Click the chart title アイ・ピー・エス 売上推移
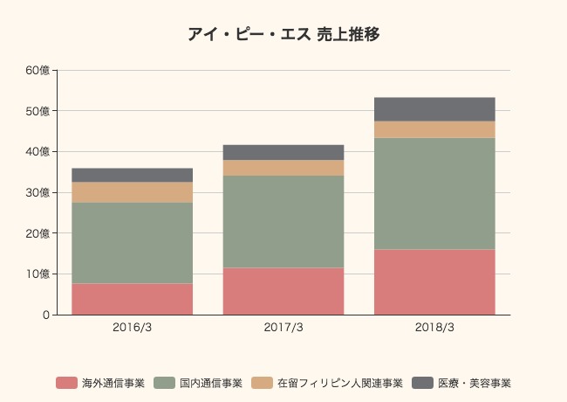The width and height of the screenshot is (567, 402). click(x=283, y=35)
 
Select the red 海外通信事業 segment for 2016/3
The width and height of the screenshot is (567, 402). click(x=133, y=299)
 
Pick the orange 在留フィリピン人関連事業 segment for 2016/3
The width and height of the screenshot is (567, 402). click(x=133, y=192)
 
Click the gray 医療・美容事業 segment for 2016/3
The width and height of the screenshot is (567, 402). click(x=133, y=175)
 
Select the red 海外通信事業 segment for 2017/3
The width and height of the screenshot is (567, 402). click(x=283, y=291)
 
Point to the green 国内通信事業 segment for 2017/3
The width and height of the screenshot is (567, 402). click(x=283, y=221)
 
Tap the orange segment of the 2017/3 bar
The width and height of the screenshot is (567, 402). click(x=283, y=168)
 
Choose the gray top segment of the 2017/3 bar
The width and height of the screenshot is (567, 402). click(x=283, y=152)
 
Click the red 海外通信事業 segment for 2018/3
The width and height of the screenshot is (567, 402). click(x=434, y=282)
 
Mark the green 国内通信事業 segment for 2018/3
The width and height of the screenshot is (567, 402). click(x=434, y=193)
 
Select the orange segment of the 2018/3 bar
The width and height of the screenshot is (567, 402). click(x=434, y=129)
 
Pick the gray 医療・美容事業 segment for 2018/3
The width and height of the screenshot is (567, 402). click(x=434, y=109)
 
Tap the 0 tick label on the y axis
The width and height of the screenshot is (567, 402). click(x=45, y=315)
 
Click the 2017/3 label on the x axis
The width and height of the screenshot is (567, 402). click(x=283, y=328)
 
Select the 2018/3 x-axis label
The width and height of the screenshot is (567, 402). click(x=434, y=328)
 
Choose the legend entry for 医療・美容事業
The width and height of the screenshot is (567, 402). click(x=474, y=383)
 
